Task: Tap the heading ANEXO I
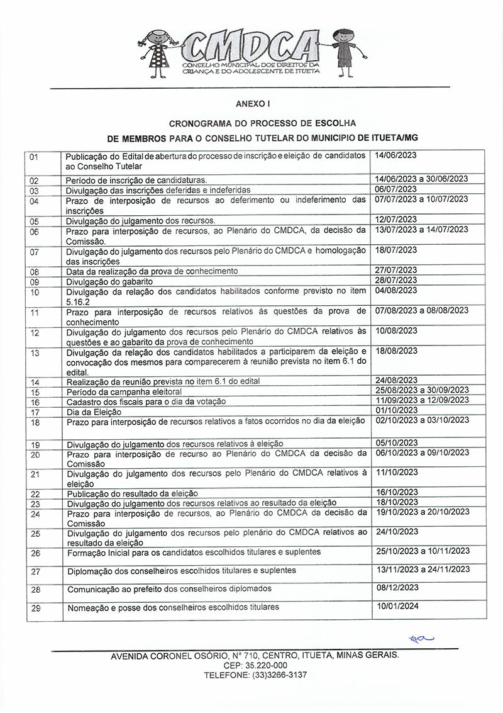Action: tap(253, 103)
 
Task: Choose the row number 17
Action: tap(35, 412)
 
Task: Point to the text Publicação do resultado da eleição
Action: tap(132, 493)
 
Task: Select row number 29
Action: tap(35, 609)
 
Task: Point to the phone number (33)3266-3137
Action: tap(272, 675)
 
